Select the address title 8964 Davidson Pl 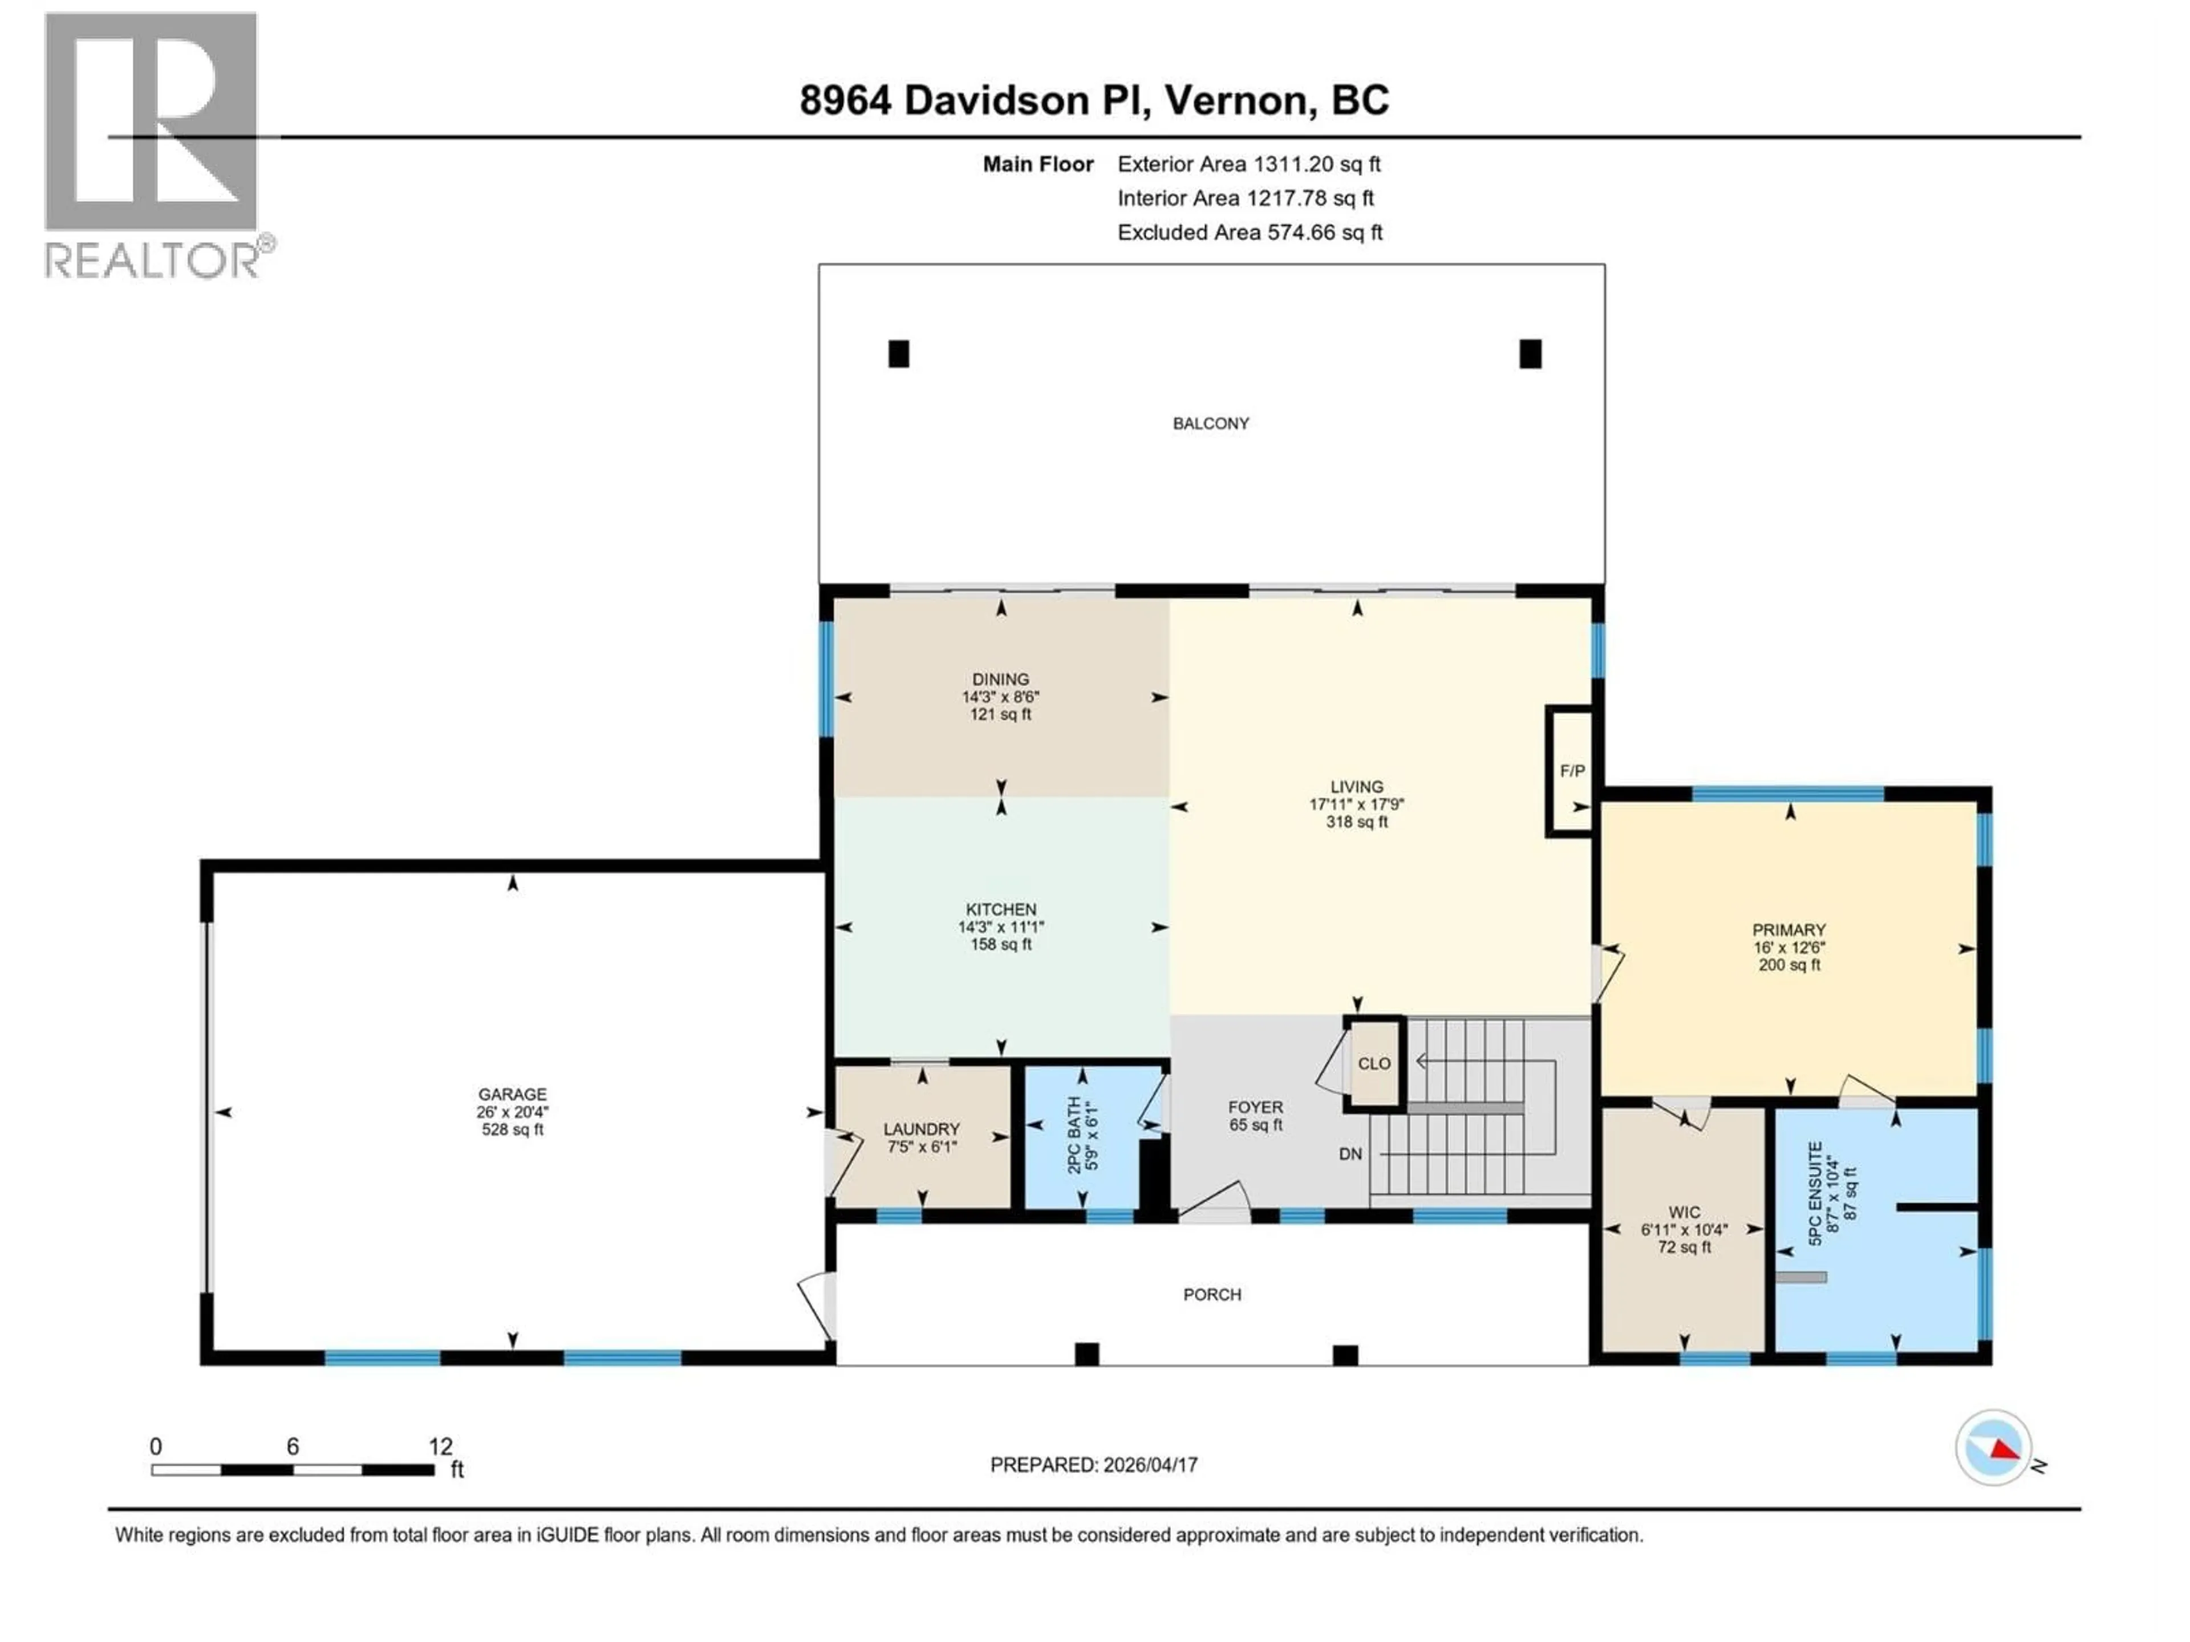click(x=1094, y=100)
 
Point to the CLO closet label click(x=1373, y=1063)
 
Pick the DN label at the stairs click(x=1349, y=1154)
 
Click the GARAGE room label click(x=512, y=1094)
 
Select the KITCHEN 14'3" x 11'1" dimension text click(x=1001, y=928)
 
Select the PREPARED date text click(x=1093, y=1465)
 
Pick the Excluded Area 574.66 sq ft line click(x=1250, y=233)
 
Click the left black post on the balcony click(x=898, y=353)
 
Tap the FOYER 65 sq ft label click(x=1255, y=1115)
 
